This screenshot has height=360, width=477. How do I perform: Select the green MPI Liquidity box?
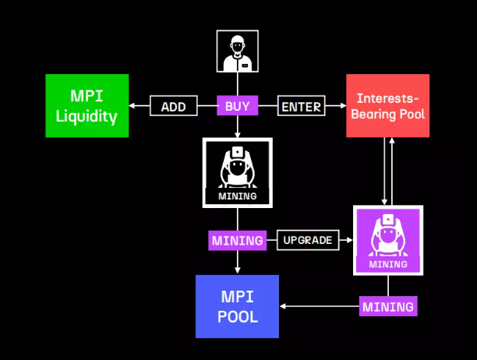86,106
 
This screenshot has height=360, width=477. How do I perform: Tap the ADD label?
173,107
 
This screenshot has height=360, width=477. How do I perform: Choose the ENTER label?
301,107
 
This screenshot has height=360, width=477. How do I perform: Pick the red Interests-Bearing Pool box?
387,106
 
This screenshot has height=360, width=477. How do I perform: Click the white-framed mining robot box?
237,173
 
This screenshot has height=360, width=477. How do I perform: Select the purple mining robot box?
387,240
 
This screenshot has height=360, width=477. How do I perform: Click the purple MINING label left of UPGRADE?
237,240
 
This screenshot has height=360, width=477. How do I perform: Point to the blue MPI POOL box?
237,306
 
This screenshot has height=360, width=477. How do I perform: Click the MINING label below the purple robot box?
387,306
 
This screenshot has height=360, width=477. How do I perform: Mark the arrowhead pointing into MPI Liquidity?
131,107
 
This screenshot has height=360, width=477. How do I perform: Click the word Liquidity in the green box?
86,118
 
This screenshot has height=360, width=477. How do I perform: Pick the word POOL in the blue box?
237,317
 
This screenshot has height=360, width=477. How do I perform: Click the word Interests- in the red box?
387,99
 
